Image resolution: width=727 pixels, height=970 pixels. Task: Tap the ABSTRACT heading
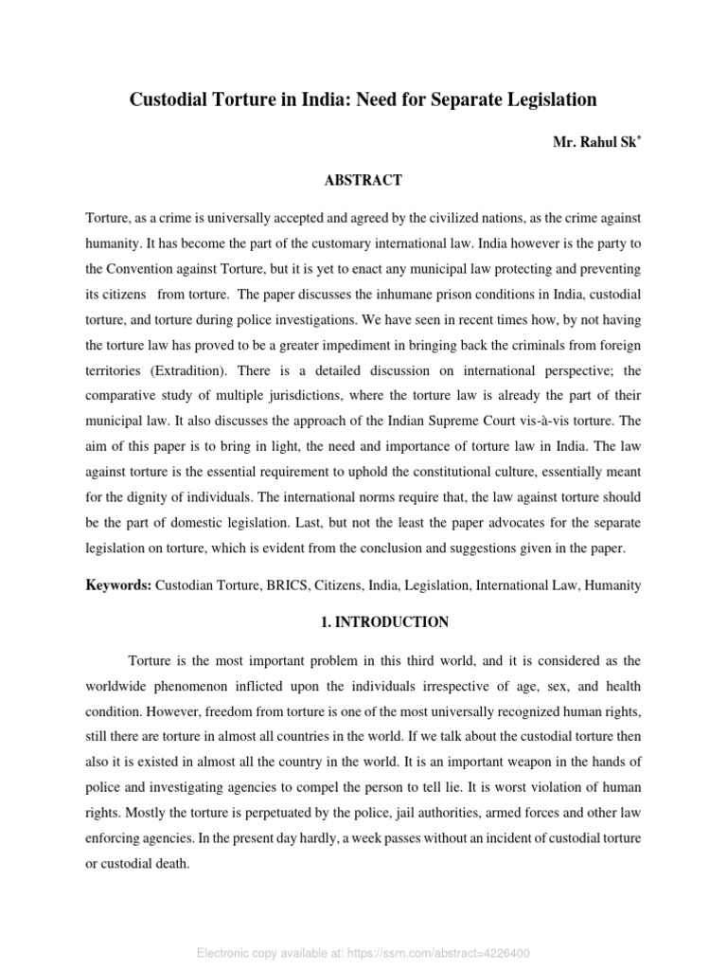pos(363,180)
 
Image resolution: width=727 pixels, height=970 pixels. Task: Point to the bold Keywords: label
pos(118,585)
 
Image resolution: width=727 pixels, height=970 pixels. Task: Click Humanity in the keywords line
pos(613,585)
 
